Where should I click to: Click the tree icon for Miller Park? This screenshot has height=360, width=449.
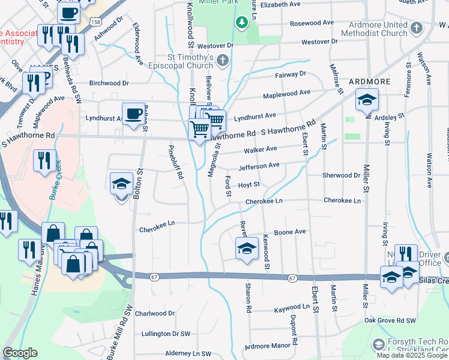click(242, 23)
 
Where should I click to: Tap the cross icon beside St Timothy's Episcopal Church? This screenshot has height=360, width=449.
click(223, 60)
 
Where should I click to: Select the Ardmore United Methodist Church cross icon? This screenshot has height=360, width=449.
click(417, 27)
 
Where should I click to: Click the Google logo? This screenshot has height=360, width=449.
click(20, 353)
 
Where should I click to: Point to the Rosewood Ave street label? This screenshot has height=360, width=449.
click(312, 23)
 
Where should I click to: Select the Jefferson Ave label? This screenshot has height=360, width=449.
click(259, 166)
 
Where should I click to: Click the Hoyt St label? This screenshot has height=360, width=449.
click(249, 185)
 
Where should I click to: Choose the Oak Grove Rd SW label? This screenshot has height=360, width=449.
click(390, 321)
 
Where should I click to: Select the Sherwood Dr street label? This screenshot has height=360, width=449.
click(340, 176)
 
